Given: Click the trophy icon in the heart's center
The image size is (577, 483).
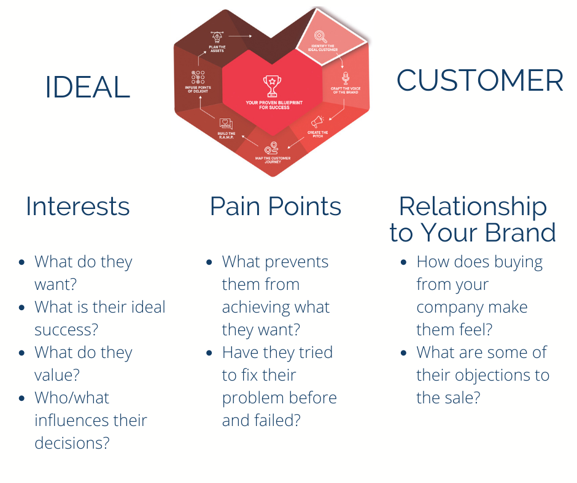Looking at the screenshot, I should pos(271,84).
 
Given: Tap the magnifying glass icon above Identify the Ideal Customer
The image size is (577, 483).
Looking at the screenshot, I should pos(320,36).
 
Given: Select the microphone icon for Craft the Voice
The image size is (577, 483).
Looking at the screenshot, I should pos(345,77).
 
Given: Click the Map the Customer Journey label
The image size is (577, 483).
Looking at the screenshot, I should pos(273,161).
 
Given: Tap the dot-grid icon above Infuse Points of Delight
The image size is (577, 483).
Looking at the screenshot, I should pos(198,77).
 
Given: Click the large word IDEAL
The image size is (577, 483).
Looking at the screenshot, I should pos(87,88).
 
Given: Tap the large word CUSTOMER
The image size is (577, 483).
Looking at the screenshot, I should pos(479,81).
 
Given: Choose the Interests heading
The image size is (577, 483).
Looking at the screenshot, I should pos(78,207).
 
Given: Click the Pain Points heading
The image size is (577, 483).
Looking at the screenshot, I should pos(276,207).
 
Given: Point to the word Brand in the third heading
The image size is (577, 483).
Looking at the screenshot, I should pos(521,233).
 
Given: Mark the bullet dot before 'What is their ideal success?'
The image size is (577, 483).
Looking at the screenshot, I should pos(23,308).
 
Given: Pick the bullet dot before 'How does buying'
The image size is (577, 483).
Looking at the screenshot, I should pos(403,262).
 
